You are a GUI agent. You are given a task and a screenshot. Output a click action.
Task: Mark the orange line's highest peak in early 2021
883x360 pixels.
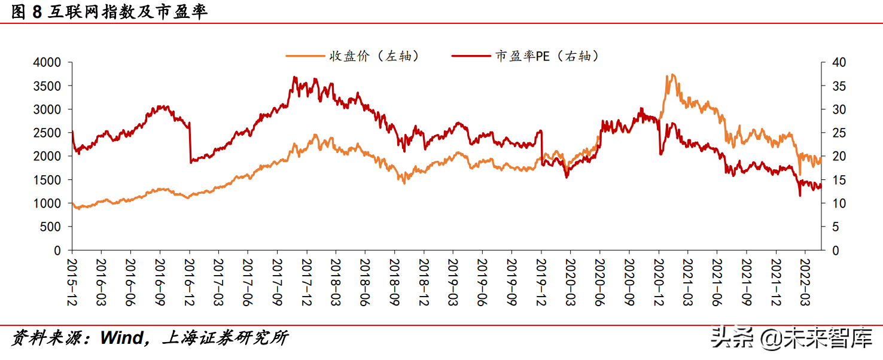coord(673,75)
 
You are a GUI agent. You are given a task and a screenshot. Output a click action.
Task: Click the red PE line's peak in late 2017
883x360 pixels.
coord(294,77)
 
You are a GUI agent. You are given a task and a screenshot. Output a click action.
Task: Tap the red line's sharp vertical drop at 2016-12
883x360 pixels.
coord(190,144)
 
